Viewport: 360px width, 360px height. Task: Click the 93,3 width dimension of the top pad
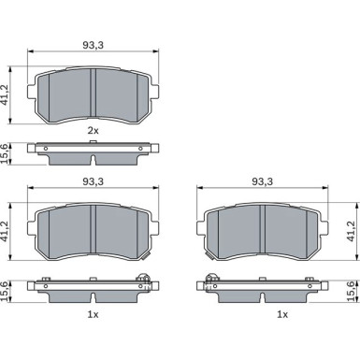[93, 45]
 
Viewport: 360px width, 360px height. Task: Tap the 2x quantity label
[93, 130]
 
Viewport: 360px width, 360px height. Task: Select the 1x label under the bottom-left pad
[93, 315]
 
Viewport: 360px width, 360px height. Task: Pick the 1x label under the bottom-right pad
[282, 315]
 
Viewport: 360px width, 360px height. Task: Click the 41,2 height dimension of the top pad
[6, 95]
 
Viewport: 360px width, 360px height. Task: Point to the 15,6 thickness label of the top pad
[6, 153]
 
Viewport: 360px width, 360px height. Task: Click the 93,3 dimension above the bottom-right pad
[262, 181]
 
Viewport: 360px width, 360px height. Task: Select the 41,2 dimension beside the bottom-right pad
[352, 231]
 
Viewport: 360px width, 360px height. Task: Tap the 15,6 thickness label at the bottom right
[352, 291]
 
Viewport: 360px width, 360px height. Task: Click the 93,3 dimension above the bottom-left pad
[93, 181]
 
